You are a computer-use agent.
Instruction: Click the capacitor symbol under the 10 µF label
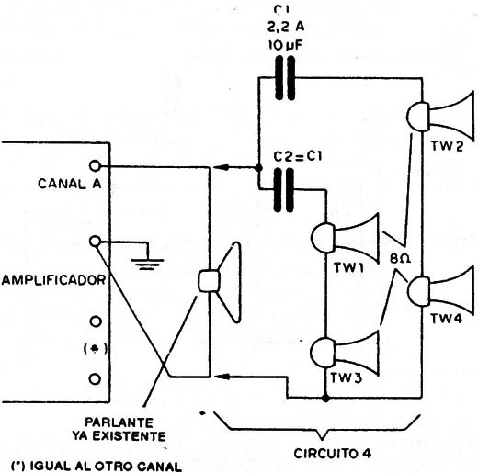[x=285, y=78]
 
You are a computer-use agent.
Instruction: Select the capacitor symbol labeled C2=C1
[x=284, y=190]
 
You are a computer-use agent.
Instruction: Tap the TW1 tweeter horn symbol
[x=346, y=238]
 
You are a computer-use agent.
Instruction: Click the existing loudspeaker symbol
[x=219, y=282]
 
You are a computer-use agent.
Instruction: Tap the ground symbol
[x=148, y=264]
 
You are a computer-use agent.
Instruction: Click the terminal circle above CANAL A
[x=95, y=165]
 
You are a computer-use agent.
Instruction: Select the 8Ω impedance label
[x=400, y=259]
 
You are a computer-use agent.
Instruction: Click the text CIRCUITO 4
[x=333, y=453]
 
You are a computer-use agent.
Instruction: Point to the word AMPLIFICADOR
[x=53, y=280]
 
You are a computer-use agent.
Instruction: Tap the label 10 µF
[x=286, y=45]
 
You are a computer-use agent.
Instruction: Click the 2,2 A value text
[x=286, y=27]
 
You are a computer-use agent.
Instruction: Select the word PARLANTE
[x=119, y=422]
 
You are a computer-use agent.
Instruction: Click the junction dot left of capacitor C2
[x=258, y=167]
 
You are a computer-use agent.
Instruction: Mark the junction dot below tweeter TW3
[x=325, y=399]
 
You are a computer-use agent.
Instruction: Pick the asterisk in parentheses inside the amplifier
[x=96, y=349]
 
